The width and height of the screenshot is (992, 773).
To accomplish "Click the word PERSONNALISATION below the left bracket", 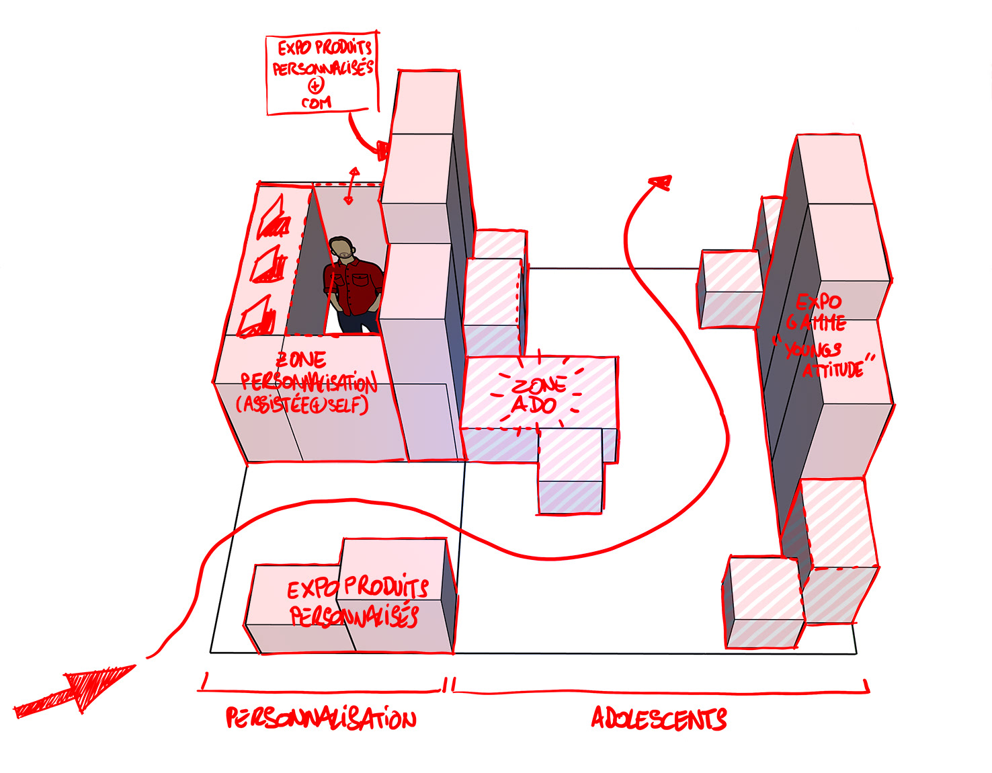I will (321, 719).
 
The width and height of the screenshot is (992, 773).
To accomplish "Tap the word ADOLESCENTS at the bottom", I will (659, 719).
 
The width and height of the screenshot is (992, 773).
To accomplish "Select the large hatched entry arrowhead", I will (101, 684).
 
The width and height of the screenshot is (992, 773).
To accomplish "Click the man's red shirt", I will (352, 286).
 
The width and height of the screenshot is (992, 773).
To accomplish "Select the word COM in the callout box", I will (316, 103).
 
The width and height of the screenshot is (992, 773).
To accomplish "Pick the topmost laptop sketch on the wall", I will (274, 218).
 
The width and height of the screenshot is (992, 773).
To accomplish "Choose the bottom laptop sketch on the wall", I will (257, 319).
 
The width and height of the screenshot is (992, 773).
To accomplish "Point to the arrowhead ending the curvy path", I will (660, 182).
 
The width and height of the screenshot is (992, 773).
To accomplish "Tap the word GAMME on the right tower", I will (817, 323).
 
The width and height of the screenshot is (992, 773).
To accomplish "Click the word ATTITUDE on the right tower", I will (833, 368).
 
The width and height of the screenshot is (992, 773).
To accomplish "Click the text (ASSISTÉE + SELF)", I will (302, 405).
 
